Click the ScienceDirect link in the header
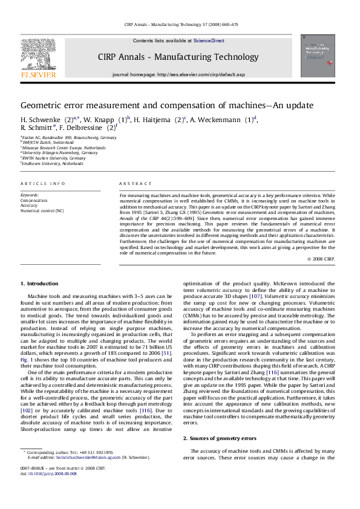pyautogui.click(x=209, y=41)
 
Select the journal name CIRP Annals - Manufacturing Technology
pyautogui.click(x=178, y=57)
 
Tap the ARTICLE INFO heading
pyautogui.click(x=43, y=183)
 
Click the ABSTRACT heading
pyautogui.click(x=131, y=183)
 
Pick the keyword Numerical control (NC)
pyautogui.click(x=42, y=211)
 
